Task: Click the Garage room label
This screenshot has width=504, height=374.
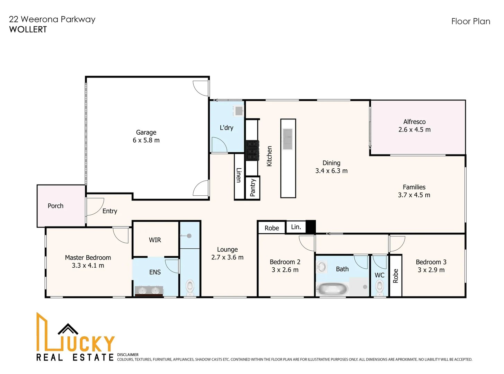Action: (146, 133)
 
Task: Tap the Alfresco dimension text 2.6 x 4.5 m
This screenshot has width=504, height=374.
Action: (414, 130)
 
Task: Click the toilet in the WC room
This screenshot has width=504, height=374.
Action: (379, 288)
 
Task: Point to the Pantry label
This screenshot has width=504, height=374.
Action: (253, 188)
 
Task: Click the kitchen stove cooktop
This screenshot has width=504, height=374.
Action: (252, 150)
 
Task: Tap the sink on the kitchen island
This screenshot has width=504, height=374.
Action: (288, 139)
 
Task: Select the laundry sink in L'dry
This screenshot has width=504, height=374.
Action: (239, 111)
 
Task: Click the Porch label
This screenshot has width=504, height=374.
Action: (55, 206)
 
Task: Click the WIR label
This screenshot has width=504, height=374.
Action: (155, 240)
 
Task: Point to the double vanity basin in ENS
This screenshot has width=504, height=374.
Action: (149, 290)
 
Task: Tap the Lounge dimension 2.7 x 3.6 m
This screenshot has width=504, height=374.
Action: (227, 257)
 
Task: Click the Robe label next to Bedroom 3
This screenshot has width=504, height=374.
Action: (395, 276)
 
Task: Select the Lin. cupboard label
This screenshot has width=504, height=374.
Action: (296, 227)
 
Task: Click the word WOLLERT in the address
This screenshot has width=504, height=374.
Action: (28, 29)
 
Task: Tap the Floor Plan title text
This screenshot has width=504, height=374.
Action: (471, 21)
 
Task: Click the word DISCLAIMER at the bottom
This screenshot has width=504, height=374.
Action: (128, 355)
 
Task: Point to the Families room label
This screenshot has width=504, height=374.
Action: (414, 187)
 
